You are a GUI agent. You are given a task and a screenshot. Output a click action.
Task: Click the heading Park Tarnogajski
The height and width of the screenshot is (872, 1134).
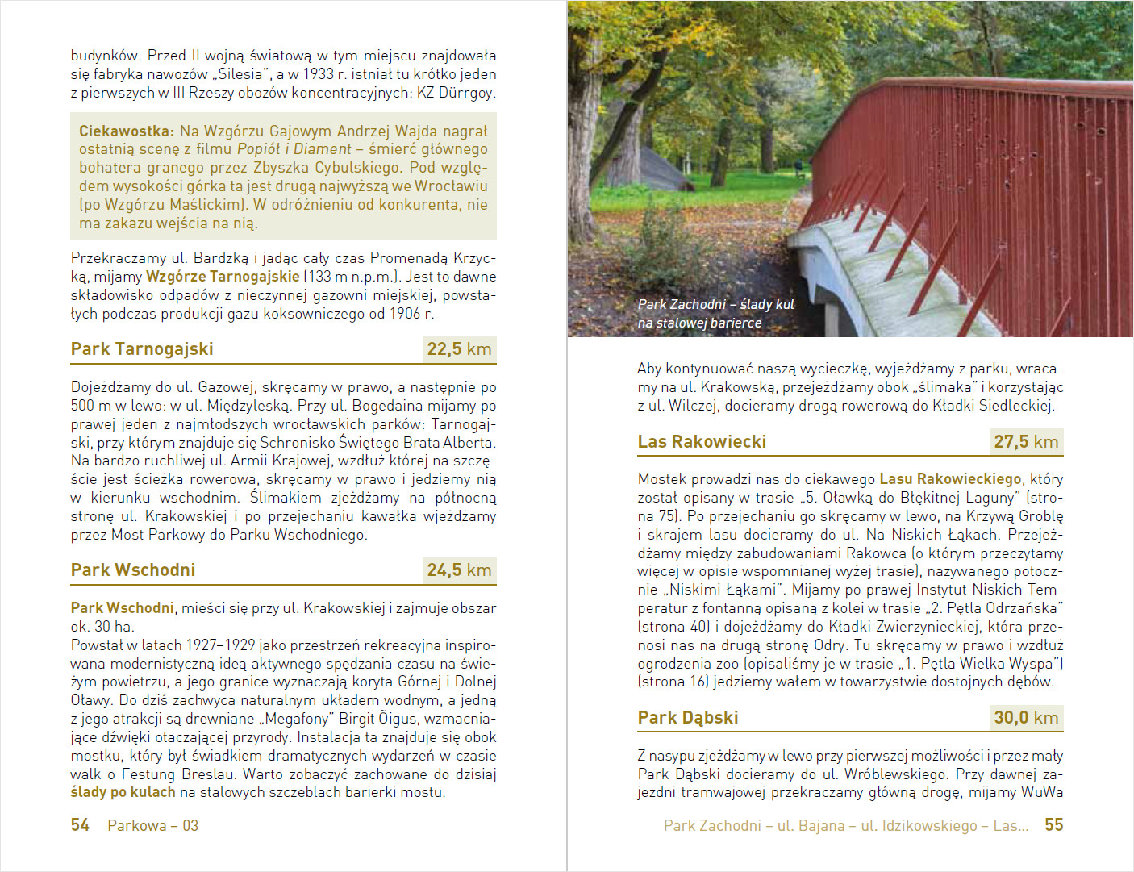click(x=142, y=349)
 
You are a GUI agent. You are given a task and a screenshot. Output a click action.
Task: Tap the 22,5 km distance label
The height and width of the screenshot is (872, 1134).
click(x=459, y=349)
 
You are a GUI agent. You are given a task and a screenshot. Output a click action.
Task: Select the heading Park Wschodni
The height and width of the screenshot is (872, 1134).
click(x=133, y=570)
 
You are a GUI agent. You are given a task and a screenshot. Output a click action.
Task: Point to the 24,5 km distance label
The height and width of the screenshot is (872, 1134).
click(x=459, y=570)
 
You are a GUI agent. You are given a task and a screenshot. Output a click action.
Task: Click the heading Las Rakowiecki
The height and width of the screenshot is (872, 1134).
click(x=702, y=442)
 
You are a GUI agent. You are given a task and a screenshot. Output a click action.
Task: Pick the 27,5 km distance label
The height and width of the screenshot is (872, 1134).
click(x=1026, y=442)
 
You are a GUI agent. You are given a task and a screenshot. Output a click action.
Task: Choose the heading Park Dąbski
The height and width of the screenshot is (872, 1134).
click(x=688, y=718)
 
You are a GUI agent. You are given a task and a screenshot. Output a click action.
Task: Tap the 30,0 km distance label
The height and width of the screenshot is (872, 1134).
click(x=1026, y=718)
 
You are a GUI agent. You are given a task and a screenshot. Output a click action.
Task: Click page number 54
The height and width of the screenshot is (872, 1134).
click(x=80, y=825)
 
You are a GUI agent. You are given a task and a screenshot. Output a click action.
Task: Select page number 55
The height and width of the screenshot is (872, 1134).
click(x=1053, y=825)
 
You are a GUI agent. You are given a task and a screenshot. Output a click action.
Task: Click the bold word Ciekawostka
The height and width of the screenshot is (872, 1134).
click(x=126, y=131)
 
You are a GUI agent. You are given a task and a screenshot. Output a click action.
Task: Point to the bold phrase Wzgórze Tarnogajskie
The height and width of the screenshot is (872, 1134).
click(x=223, y=277)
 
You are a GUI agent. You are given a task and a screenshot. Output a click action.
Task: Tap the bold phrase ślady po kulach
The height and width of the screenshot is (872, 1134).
click(x=123, y=792)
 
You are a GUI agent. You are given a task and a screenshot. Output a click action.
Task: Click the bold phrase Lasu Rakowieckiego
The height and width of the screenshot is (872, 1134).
click(x=950, y=479)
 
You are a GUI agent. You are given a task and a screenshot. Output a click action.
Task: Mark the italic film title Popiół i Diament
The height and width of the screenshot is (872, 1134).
click(x=294, y=149)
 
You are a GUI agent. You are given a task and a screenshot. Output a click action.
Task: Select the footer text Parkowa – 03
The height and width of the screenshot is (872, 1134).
click(x=152, y=825)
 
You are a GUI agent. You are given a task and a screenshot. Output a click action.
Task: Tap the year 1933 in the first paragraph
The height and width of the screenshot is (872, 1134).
click(x=318, y=74)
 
